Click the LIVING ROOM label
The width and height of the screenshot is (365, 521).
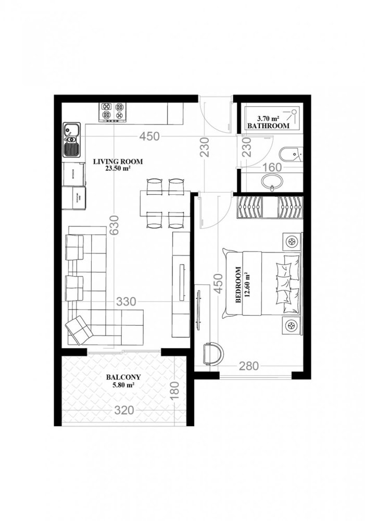(118, 162)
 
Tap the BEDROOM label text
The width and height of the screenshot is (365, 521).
(238, 286)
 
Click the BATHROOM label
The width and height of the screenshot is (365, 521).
(268, 127)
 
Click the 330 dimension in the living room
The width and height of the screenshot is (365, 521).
(126, 302)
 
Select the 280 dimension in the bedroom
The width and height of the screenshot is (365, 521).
(249, 366)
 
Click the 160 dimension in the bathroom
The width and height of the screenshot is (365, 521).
(271, 168)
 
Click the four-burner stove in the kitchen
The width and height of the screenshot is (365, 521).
(114, 111)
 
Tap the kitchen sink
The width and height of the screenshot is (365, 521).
(71, 140)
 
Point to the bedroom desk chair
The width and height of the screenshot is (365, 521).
(213, 354)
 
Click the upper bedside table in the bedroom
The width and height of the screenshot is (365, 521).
(292, 241)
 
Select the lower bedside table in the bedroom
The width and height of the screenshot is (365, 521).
(292, 326)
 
